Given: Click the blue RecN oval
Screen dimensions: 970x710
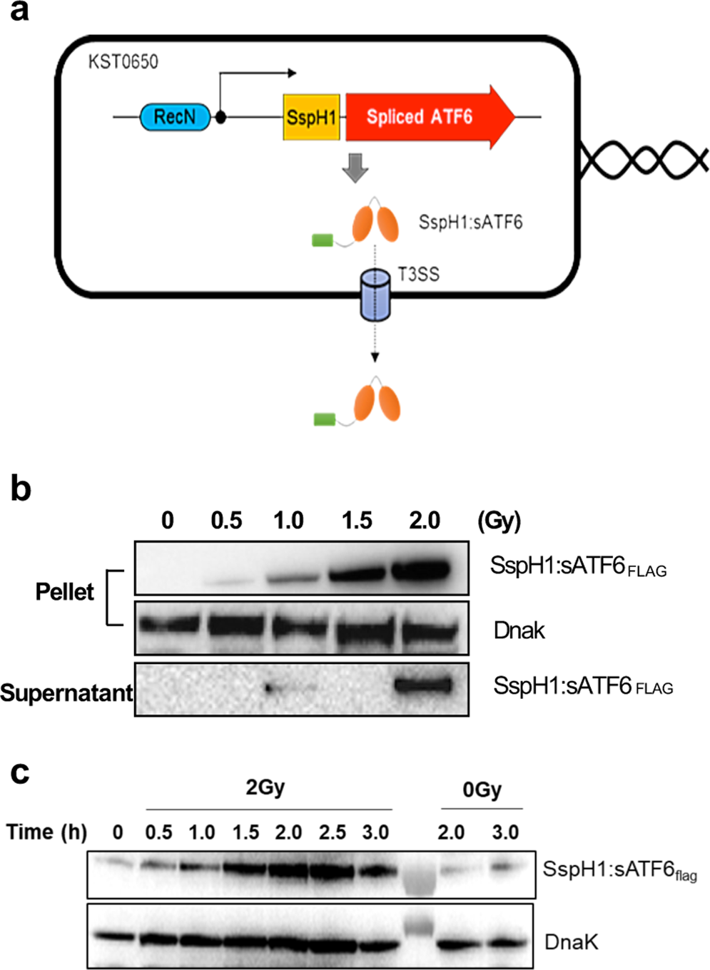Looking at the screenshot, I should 175,117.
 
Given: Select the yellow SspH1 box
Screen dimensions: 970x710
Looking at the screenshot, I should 311,117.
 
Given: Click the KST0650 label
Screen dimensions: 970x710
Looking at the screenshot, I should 123,62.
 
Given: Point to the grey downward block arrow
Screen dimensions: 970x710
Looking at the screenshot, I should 355,168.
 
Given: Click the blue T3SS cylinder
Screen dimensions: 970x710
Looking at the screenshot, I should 375,294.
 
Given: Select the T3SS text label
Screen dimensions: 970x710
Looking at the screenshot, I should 419,275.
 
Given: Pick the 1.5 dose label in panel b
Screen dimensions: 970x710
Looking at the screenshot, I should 357,521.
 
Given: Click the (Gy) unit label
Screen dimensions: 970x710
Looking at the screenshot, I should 499,521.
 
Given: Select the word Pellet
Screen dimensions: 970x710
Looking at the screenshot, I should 64,591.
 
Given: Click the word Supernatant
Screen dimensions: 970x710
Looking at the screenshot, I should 66,692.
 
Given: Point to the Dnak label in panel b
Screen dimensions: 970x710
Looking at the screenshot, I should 519,630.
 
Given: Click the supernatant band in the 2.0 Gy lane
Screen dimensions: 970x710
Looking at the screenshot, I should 423,686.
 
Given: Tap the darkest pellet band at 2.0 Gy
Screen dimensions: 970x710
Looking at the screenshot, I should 421,569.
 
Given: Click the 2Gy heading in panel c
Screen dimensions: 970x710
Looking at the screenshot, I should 265,787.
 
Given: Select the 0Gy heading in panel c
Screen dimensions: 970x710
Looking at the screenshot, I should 482,790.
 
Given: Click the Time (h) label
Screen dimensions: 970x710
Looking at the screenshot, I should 46,832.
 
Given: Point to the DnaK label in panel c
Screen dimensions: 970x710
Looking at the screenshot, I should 571,942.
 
